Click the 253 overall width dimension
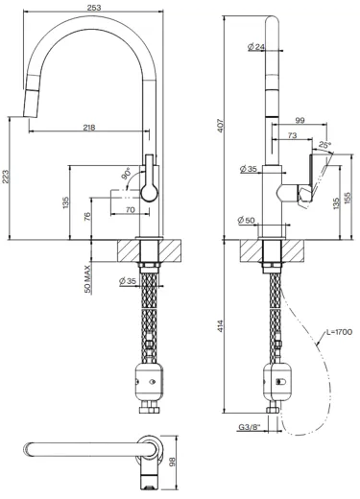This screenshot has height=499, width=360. (x=94, y=8)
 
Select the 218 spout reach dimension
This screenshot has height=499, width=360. (x=89, y=128)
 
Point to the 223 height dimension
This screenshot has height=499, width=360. (x=6, y=177)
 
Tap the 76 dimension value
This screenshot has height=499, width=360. (x=87, y=216)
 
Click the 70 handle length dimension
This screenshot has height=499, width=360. (x=131, y=210)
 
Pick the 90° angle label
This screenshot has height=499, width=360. (x=126, y=173)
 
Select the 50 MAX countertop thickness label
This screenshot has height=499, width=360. (x=87, y=279)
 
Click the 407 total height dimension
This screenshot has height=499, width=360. (x=222, y=126)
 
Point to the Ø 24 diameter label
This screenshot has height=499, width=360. (x=256, y=47)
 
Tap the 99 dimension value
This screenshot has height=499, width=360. (x=300, y=120)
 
